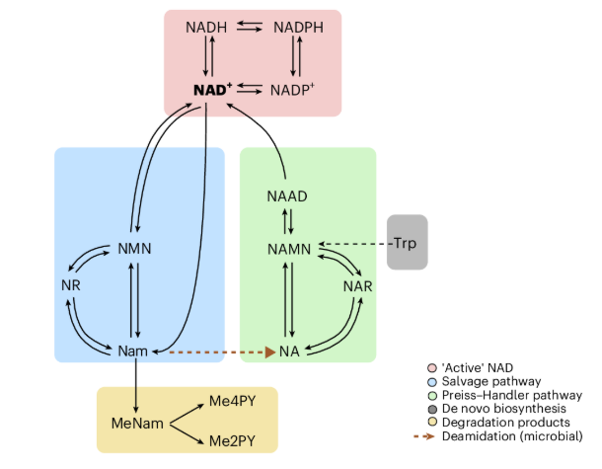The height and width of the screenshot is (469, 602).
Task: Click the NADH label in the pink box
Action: (x=206, y=27)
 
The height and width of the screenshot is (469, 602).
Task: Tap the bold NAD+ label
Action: (x=213, y=91)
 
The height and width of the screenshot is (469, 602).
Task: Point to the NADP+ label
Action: (x=292, y=91)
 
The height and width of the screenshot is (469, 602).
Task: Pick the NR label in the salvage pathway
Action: (x=68, y=285)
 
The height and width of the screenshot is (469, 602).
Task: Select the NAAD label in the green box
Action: (x=287, y=196)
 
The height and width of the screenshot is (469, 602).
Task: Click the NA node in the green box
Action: (x=289, y=351)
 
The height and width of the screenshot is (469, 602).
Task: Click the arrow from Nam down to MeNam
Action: (x=134, y=385)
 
